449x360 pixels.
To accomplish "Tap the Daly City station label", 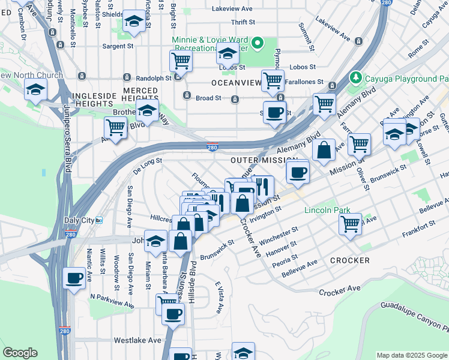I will [80, 221].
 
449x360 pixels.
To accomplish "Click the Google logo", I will [20, 353].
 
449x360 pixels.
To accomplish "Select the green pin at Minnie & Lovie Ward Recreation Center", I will [258, 43].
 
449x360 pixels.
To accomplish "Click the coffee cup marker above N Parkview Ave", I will [74, 278].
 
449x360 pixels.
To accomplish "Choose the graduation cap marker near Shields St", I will [133, 22].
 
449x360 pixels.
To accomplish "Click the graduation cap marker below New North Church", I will [35, 90].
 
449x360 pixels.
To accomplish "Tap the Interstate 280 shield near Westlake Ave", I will [65, 331].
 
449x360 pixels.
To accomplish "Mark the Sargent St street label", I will [117, 46].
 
